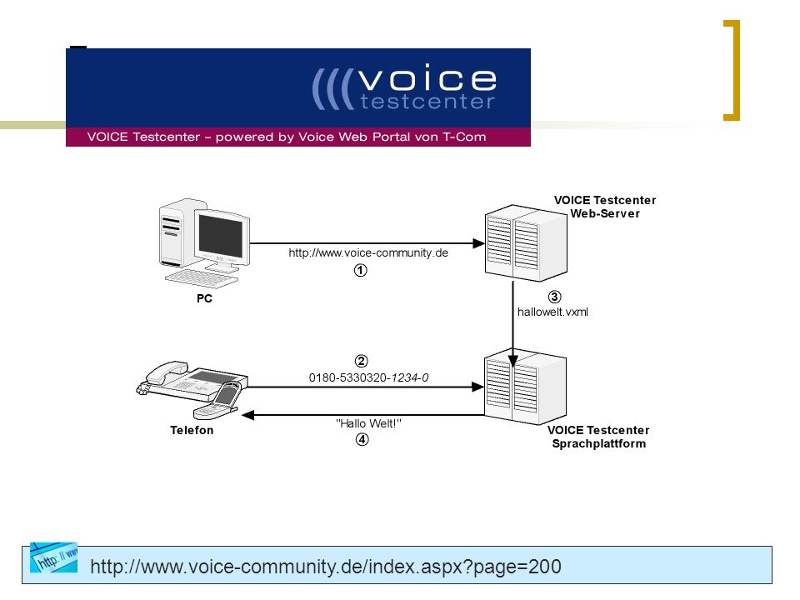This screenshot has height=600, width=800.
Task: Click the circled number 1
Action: pos(360,270)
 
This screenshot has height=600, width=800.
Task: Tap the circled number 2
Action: pos(361,361)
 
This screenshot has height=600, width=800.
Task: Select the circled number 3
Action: pos(555,297)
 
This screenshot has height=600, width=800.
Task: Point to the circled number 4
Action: pos(362,439)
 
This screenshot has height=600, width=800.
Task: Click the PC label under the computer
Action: pos(204,298)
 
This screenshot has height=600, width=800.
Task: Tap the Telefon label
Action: pos(192,430)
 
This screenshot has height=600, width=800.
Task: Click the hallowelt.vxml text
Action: pos(552,312)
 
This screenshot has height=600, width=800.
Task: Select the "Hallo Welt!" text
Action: pos(368,423)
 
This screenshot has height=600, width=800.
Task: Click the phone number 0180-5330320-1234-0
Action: pos(368,377)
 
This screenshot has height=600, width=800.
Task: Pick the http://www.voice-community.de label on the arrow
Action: pos(368,252)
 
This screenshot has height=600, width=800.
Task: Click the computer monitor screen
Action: pos(220,235)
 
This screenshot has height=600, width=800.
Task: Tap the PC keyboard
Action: pos(202,279)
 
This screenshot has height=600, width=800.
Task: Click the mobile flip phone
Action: pos(218,401)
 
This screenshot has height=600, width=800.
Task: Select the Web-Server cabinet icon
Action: pos(526,242)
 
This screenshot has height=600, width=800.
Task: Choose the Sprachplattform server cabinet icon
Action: pos(525,387)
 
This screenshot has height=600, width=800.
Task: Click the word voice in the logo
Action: pos(427,78)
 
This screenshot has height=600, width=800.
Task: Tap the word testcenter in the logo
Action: pos(427,102)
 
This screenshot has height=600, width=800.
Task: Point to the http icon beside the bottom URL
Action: pos(53,557)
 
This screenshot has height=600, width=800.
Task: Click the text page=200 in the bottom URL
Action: pos(517,567)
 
